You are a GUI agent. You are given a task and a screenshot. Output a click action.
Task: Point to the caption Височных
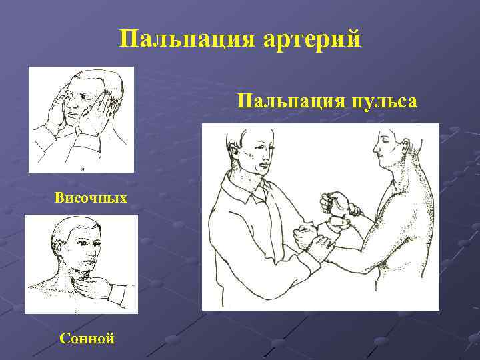tap(91, 198)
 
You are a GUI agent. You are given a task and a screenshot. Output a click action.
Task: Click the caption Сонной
tap(87, 338)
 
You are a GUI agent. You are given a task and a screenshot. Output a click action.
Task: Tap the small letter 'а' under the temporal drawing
tap(82, 169)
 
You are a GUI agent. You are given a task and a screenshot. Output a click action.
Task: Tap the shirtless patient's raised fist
tap(335, 200)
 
